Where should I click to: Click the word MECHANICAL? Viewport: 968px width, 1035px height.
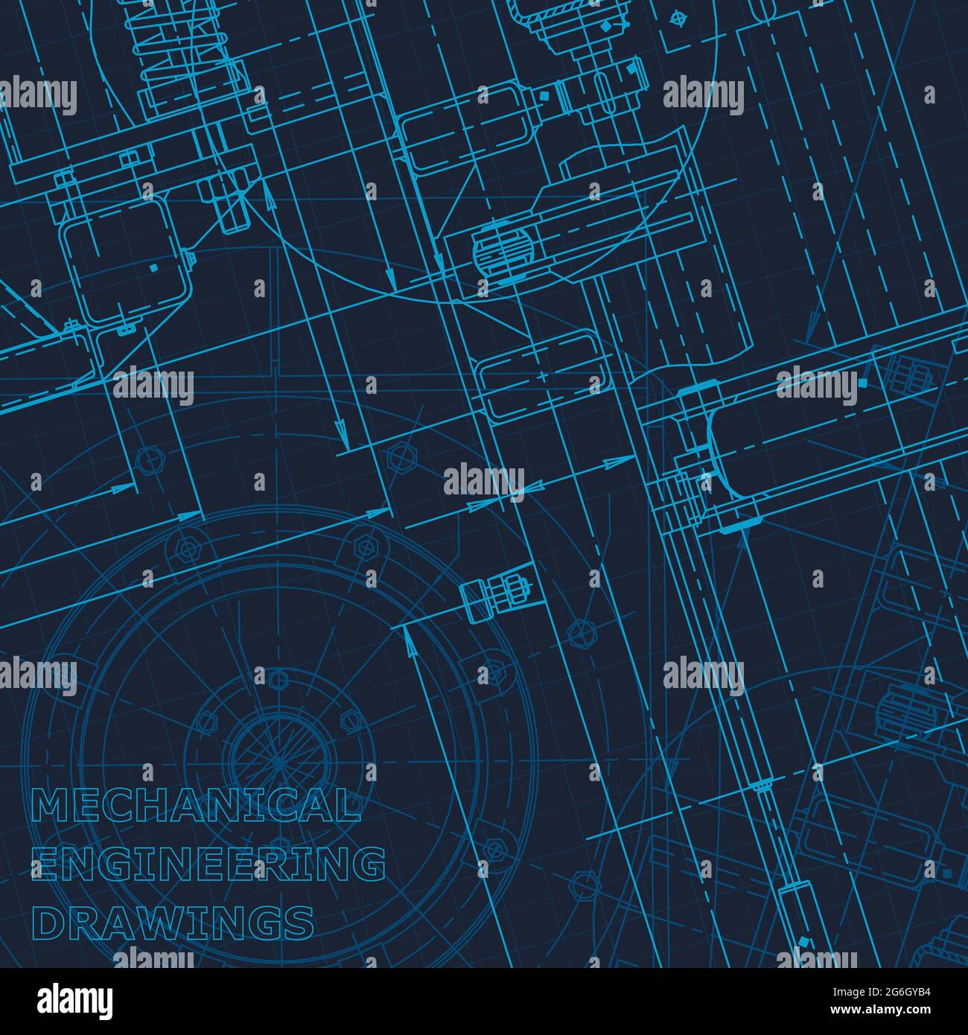196,806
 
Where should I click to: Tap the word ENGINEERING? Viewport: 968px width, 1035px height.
208,864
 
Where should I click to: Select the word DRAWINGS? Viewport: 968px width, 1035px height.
173,923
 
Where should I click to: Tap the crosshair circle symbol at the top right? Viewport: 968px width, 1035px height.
676,19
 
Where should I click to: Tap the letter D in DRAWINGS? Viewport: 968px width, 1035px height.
48,923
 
